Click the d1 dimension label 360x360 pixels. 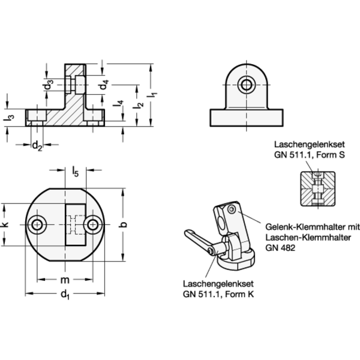tap(65, 295)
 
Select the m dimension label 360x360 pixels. tap(65, 280)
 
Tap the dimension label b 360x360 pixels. tap(123, 224)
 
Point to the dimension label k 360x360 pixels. tap(5, 224)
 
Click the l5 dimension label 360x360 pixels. tap(76, 172)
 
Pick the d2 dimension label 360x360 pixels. tap(37, 146)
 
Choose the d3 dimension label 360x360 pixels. tap(48, 85)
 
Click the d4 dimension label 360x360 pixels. tap(103, 85)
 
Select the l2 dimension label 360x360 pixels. tap(139, 106)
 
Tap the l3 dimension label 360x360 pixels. tap(9, 118)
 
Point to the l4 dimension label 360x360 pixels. tap(119, 104)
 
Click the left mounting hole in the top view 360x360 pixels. tap(37, 224)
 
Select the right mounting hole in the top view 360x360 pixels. tap(93, 224)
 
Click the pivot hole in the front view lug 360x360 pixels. tap(247, 85)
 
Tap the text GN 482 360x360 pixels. tap(280, 248)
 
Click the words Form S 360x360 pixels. tap(331, 155)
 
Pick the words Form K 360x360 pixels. tap(239, 294)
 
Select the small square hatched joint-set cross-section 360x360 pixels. tap(318, 189)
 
